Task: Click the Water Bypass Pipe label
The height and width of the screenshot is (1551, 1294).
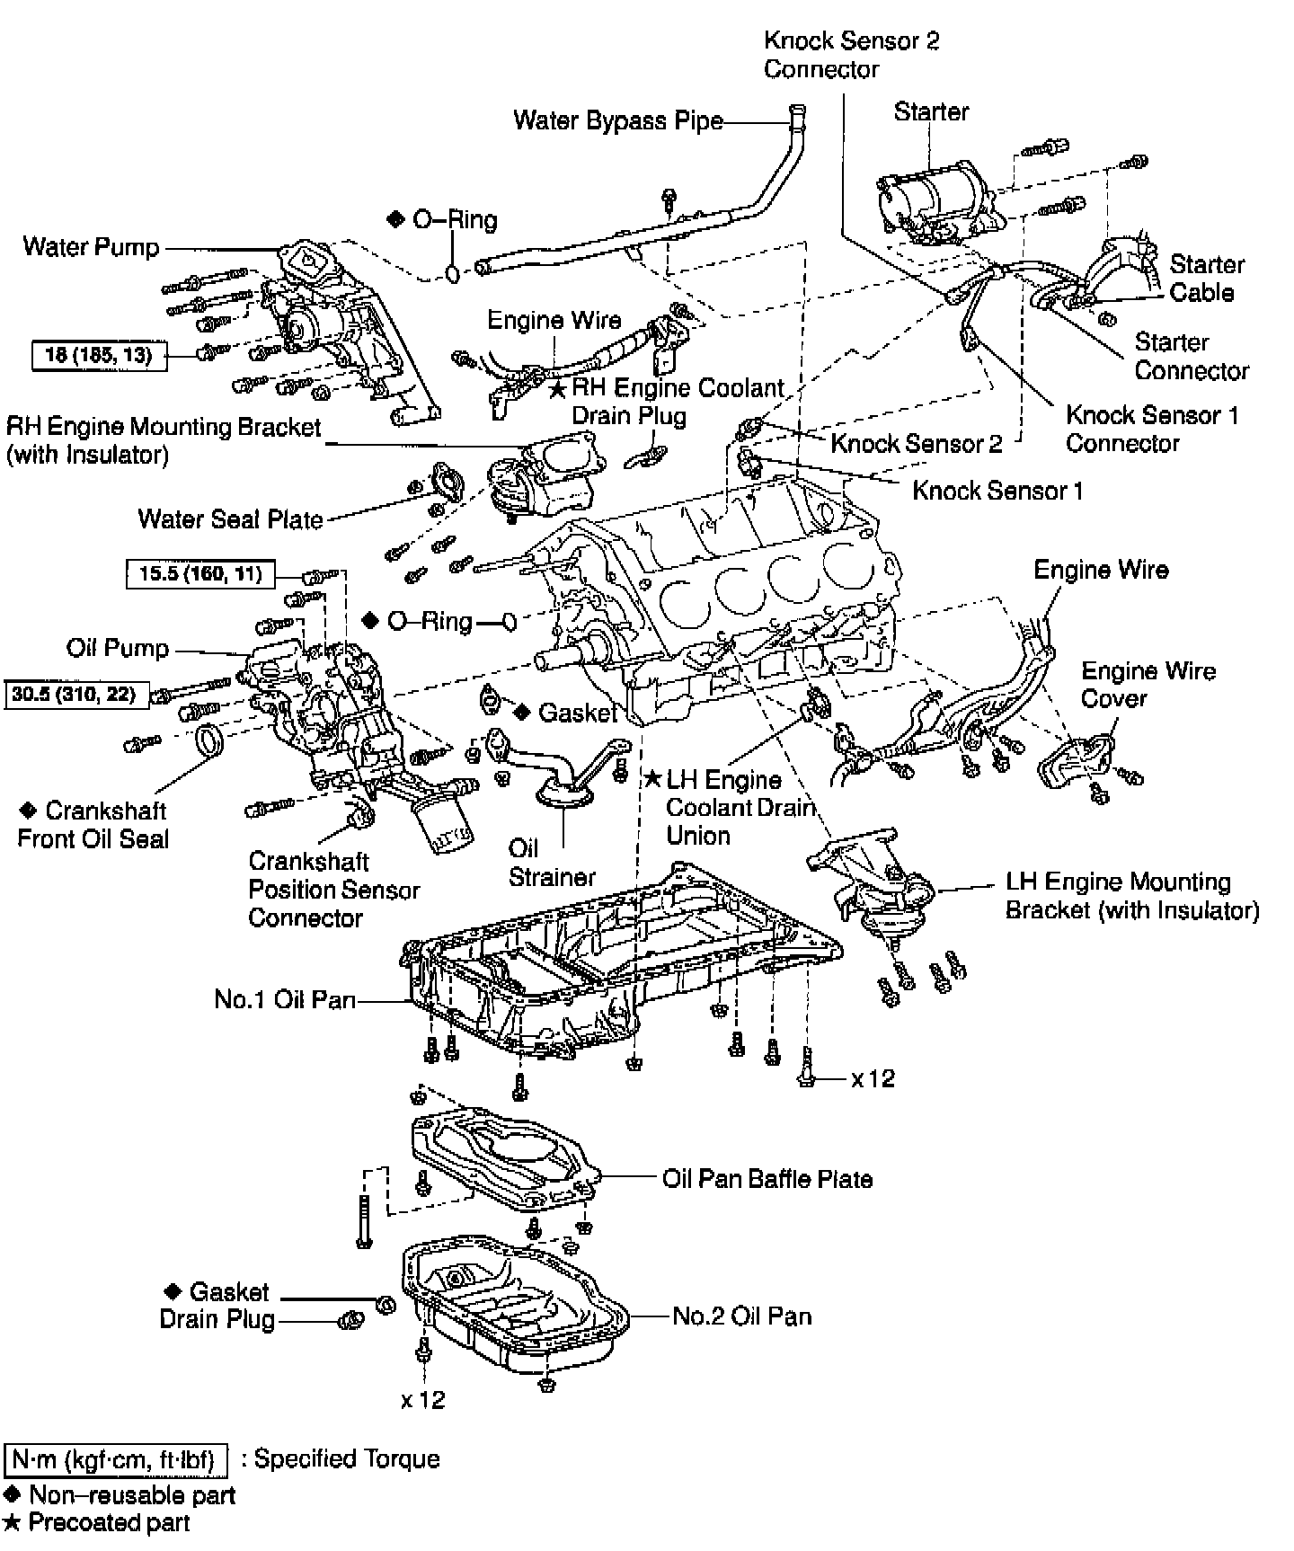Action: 617,120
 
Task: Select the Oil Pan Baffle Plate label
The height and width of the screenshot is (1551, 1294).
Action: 767,1178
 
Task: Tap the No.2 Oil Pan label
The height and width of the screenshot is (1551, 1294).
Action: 742,1316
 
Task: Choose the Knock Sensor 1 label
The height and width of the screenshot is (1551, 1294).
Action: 997,491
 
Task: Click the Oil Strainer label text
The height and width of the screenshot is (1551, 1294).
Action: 551,863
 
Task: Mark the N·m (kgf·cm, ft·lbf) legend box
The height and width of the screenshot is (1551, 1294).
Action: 116,1460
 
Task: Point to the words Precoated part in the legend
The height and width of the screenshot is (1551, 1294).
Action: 110,1522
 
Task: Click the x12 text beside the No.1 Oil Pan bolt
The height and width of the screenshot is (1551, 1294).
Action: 873,1077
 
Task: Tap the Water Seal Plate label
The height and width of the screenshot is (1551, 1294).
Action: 230,519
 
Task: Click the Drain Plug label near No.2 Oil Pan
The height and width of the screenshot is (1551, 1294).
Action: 217,1319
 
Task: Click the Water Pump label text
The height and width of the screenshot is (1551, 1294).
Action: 92,247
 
